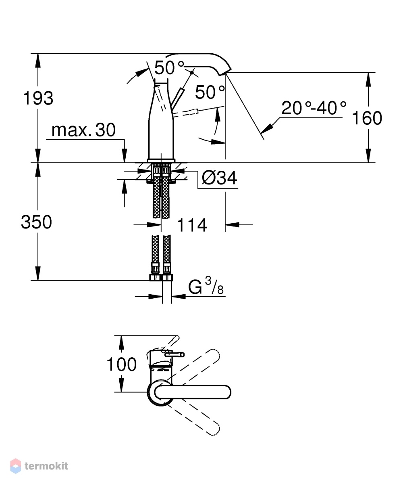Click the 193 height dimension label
coord(38,98)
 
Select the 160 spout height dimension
coord(367,118)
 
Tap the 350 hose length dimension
coord(36,222)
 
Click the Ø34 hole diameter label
coord(219,178)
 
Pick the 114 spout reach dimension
coord(192,225)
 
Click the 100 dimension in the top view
coord(121,364)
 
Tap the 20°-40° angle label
coord(314,108)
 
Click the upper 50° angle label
coord(169,67)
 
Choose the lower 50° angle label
coord(210,92)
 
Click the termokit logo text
coord(46,466)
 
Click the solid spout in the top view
coord(193,392)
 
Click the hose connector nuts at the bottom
coord(161,277)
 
